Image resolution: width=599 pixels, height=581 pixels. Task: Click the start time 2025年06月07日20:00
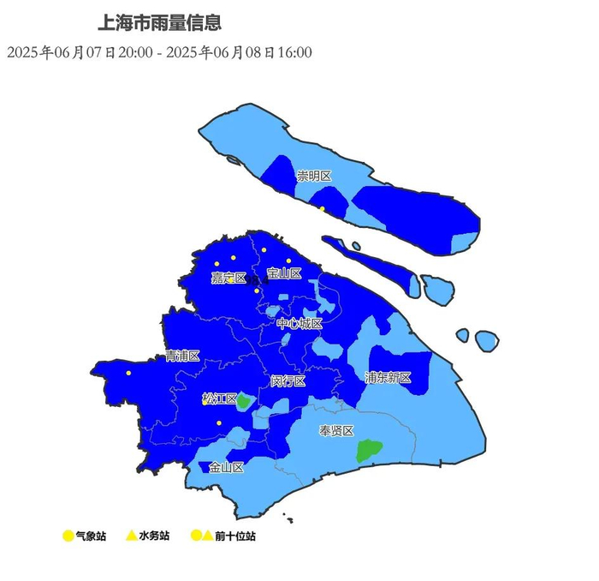(80, 53)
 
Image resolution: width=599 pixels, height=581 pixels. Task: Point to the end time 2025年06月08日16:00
(239, 53)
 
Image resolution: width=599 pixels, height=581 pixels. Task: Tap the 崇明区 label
(313, 176)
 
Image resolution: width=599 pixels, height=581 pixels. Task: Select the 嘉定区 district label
(228, 278)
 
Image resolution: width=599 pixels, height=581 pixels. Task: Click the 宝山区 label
(284, 273)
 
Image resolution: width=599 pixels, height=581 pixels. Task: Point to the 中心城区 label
(299, 324)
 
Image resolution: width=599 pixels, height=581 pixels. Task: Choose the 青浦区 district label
(182, 356)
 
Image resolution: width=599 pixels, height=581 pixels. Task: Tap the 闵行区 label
(288, 380)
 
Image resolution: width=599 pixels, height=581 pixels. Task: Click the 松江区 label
(219, 398)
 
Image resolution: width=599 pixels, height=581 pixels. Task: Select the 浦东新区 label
(388, 378)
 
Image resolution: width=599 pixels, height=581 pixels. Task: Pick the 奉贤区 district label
(336, 431)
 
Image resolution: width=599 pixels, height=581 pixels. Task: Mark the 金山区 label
(227, 468)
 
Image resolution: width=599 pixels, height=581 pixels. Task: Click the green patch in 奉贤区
(369, 450)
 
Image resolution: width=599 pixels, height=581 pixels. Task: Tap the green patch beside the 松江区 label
(244, 400)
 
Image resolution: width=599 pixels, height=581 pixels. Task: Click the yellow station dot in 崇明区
(322, 208)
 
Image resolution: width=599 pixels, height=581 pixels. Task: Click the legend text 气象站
(90, 536)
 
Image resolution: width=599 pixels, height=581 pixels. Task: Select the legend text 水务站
(153, 536)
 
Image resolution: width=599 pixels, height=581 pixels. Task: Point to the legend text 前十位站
(234, 536)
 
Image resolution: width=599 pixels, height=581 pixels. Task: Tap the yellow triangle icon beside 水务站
(131, 536)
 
